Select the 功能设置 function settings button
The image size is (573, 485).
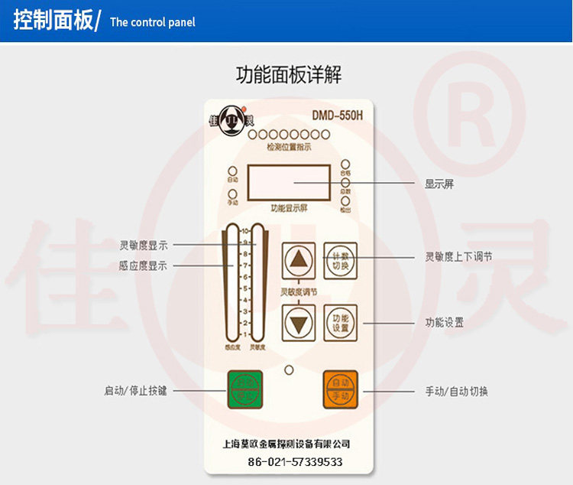tap(341, 322)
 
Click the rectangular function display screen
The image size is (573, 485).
tap(288, 183)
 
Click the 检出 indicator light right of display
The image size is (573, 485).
tap(345, 201)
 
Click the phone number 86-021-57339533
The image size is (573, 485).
tap(295, 462)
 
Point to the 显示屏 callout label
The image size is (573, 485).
tap(439, 184)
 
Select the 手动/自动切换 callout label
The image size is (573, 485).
tap(456, 392)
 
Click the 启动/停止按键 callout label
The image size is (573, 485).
tap(135, 391)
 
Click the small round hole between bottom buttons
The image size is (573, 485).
tap(289, 371)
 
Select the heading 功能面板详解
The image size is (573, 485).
tap(288, 75)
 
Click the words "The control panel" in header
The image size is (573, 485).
tap(153, 22)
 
